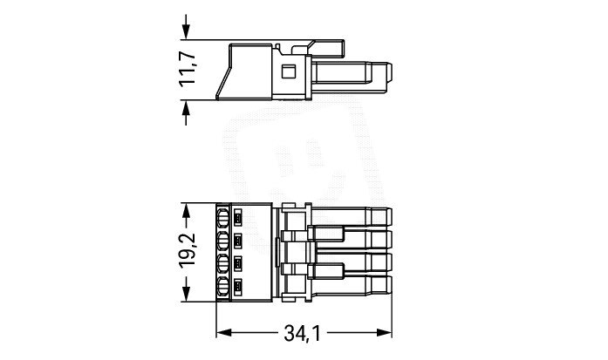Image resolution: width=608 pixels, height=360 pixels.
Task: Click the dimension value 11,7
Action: (188, 70)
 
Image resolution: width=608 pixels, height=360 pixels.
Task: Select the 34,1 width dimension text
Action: (303, 333)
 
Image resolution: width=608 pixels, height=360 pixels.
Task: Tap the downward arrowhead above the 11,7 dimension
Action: (186, 31)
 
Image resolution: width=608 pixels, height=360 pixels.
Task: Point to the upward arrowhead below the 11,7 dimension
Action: (186, 108)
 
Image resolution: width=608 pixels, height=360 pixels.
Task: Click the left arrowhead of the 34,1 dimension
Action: (223, 332)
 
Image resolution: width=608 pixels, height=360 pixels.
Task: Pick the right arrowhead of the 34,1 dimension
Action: (384, 332)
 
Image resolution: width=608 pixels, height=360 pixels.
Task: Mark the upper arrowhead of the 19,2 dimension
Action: (186, 211)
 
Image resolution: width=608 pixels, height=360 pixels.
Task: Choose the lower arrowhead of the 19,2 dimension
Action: (186, 294)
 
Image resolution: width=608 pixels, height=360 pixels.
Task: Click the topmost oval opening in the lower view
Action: (223, 218)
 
